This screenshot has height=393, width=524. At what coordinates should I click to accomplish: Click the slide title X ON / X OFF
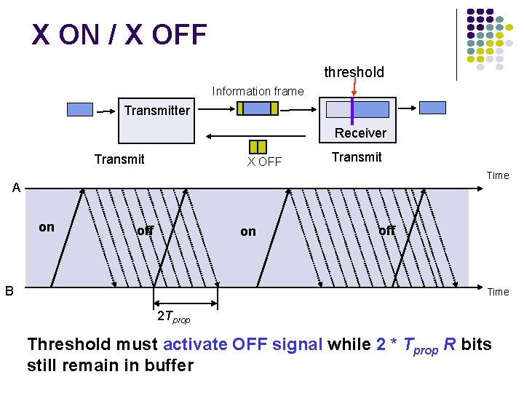pos(119,34)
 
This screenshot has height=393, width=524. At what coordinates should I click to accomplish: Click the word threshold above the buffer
pos(354,72)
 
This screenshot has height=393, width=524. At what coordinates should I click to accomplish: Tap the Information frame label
pos(258,92)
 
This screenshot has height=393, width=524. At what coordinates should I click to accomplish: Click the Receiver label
pos(360,133)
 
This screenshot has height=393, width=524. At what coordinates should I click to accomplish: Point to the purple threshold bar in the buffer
pos(352,110)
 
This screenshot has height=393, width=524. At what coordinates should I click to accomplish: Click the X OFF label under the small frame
pos(263,162)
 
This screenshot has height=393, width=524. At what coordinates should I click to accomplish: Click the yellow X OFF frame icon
pos(258,146)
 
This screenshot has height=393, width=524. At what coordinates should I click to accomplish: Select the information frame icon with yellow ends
pos(258,108)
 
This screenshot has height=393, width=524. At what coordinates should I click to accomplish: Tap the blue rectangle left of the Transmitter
pos(80,110)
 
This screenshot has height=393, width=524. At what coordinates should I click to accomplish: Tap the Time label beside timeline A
pos(498,175)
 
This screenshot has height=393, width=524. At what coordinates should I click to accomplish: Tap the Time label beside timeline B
pos(498,292)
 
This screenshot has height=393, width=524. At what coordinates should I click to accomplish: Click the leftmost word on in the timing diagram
pos(47,227)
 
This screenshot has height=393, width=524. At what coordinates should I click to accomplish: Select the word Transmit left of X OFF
pos(119,159)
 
